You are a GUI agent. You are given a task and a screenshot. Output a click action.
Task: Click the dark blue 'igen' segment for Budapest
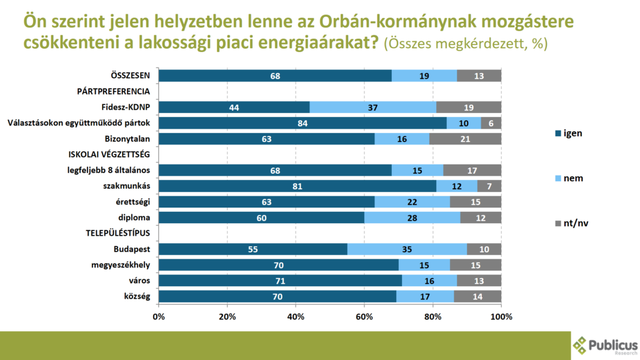pyautogui.click(x=252, y=249)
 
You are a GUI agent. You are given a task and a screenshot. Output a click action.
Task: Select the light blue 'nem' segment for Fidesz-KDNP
pyautogui.click(x=372, y=107)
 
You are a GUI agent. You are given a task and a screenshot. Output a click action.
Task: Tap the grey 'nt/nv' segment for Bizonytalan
pyautogui.click(x=465, y=138)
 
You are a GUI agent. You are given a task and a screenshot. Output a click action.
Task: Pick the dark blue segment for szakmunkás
pyautogui.click(x=297, y=186)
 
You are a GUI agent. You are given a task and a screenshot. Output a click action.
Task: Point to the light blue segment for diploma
pyautogui.click(x=412, y=217)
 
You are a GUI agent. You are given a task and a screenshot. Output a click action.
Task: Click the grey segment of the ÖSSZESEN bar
pyautogui.click(x=479, y=76)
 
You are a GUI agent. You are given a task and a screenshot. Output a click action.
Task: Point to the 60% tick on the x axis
pyautogui.click(x=364, y=316)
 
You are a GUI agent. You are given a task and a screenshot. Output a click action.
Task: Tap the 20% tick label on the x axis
pyautogui.click(x=227, y=316)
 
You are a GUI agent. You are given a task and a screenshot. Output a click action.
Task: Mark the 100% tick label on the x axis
pyautogui.click(x=501, y=316)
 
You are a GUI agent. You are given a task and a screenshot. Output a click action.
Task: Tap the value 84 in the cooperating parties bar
pyautogui.click(x=302, y=122)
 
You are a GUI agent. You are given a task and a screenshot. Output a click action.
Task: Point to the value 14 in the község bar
pyautogui.click(x=477, y=296)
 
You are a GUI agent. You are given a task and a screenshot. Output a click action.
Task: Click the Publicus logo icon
pyautogui.click(x=580, y=344)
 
